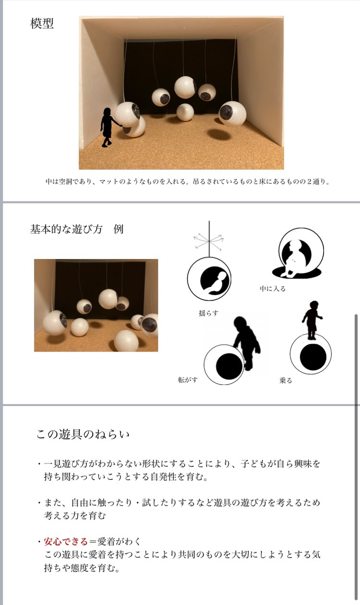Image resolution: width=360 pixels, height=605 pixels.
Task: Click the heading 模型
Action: [42, 23]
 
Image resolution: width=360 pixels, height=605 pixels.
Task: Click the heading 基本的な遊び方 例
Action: [76, 229]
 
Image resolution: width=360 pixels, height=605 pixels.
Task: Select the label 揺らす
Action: [208, 313]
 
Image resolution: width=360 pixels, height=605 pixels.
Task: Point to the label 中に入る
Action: [273, 288]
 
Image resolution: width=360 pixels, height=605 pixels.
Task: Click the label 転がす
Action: [188, 379]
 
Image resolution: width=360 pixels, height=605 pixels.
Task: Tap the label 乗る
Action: [285, 380]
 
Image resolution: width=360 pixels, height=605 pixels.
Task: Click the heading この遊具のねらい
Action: [83, 434]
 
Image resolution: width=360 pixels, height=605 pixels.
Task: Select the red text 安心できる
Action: [66, 541]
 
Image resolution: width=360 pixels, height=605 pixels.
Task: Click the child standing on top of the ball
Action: [312, 320]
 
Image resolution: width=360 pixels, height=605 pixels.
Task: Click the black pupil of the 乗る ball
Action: [313, 357]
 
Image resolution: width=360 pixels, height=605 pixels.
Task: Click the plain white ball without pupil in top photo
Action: [185, 112]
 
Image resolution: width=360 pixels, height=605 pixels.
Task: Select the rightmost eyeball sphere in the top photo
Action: [232, 113]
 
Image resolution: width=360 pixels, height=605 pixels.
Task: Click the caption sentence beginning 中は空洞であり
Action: [188, 181]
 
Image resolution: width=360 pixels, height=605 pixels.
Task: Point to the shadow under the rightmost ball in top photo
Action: [219, 134]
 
